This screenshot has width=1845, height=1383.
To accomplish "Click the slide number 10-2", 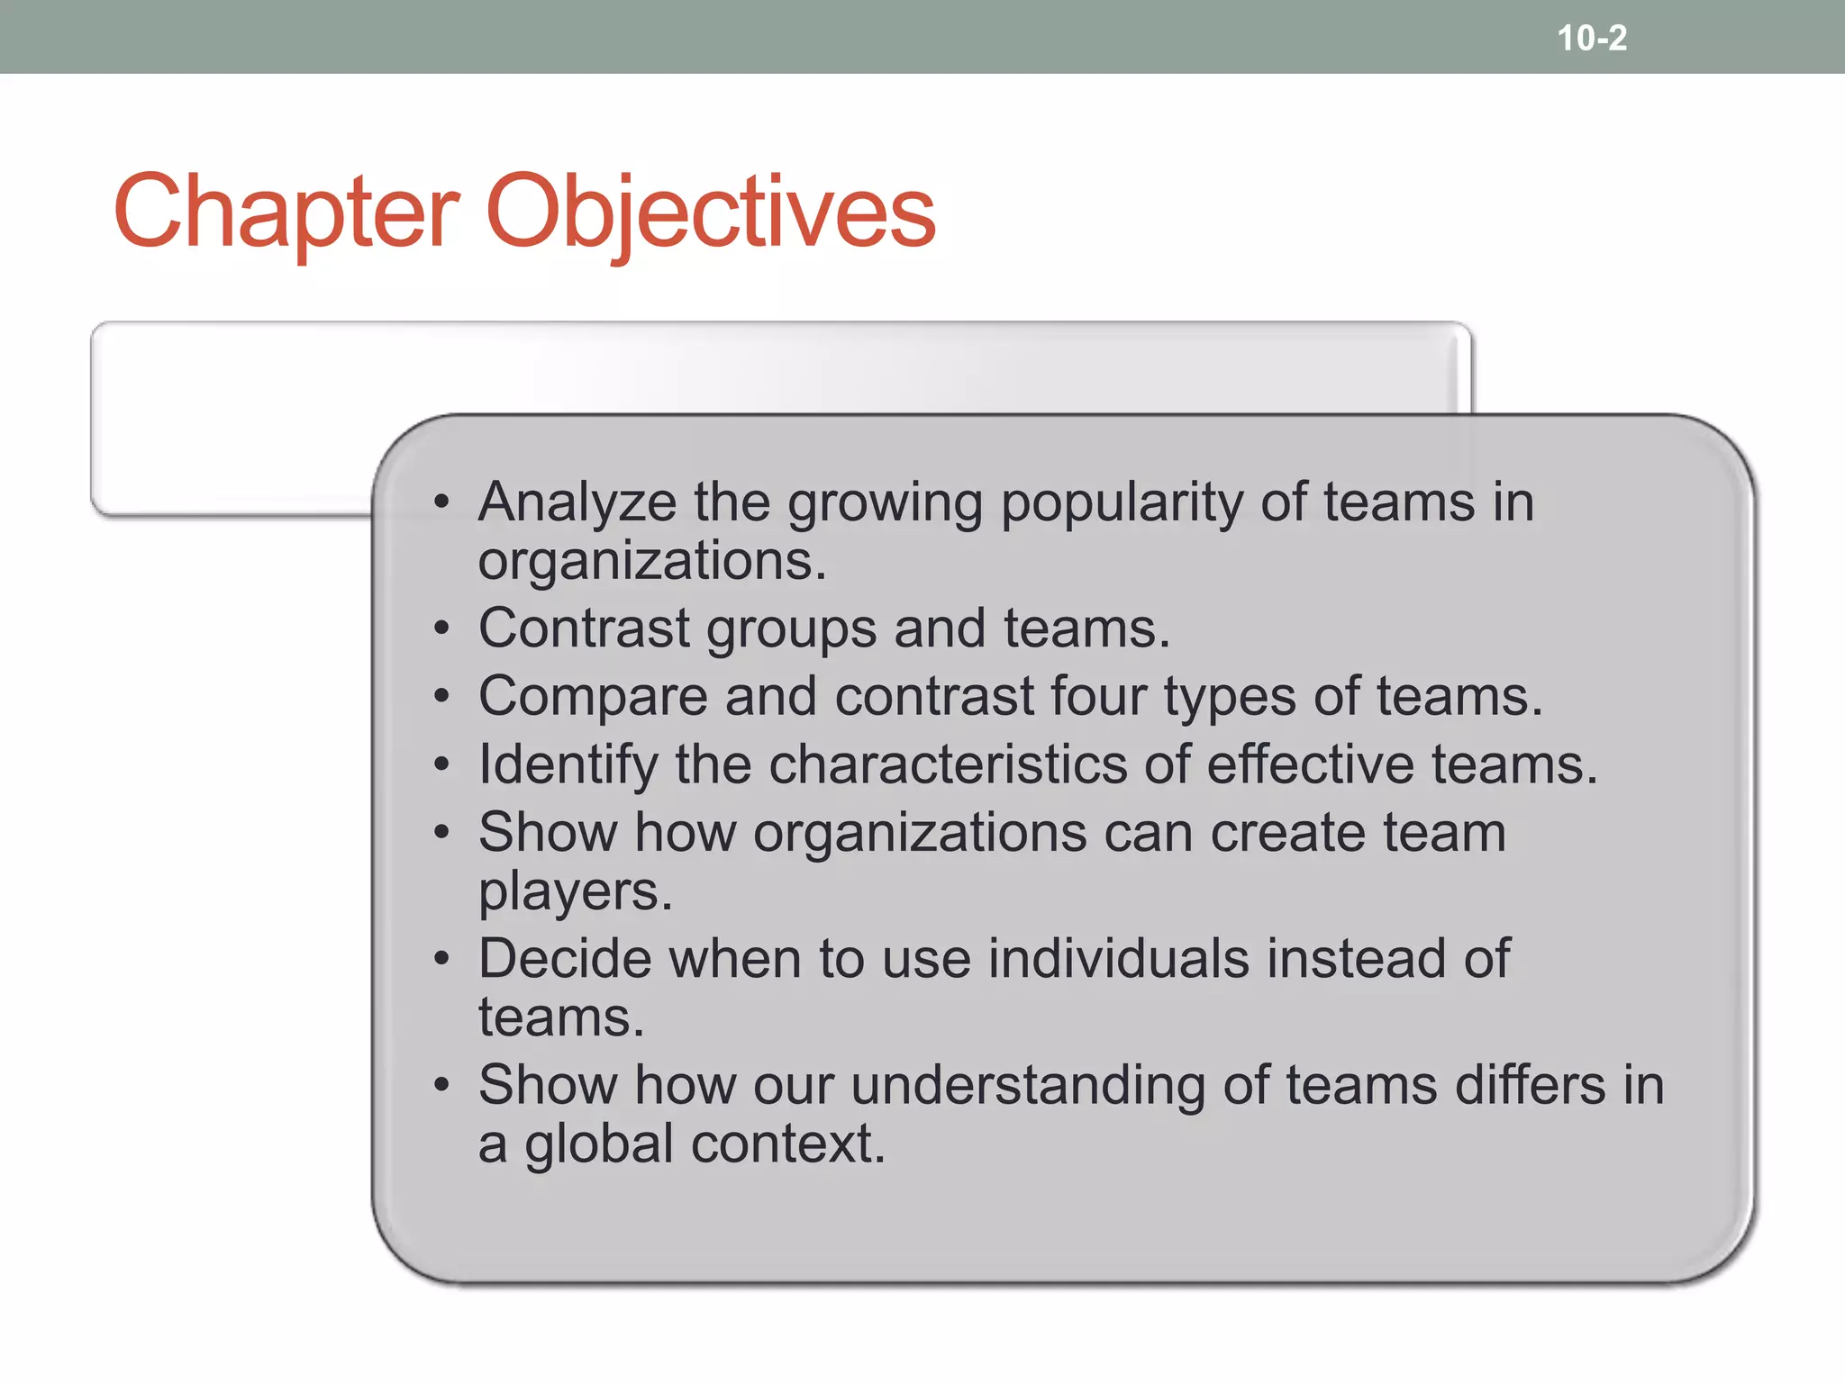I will coord(1592,38).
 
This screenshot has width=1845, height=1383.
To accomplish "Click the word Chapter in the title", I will coord(286,212).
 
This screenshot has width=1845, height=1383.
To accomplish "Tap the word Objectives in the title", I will coord(711,212).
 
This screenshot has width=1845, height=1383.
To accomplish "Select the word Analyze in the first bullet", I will coord(577,502).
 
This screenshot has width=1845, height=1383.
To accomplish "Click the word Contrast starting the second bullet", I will coord(584,628).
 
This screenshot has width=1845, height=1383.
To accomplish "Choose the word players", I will coord(575,891).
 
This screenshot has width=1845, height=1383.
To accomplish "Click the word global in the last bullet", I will coord(599,1145).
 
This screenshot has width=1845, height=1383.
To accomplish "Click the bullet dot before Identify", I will coord(441,765).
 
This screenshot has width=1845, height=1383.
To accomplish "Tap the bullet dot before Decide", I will coord(441,959).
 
